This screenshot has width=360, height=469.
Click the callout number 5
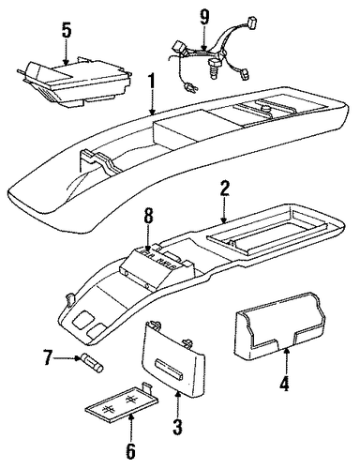(x=67, y=31)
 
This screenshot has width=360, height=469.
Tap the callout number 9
(x=203, y=17)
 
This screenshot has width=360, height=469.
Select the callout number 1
(x=152, y=77)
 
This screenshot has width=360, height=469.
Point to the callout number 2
(x=224, y=189)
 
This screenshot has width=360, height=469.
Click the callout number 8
(x=149, y=217)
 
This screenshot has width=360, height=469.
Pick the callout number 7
(x=48, y=358)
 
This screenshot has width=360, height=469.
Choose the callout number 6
(x=130, y=450)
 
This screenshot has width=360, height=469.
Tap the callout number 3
(x=177, y=426)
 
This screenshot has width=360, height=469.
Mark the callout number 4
(x=284, y=383)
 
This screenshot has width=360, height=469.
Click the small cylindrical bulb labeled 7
(x=92, y=362)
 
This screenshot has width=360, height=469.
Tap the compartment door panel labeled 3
(x=173, y=358)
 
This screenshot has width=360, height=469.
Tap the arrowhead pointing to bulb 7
(x=79, y=357)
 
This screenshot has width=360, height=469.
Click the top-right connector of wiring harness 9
(x=251, y=22)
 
